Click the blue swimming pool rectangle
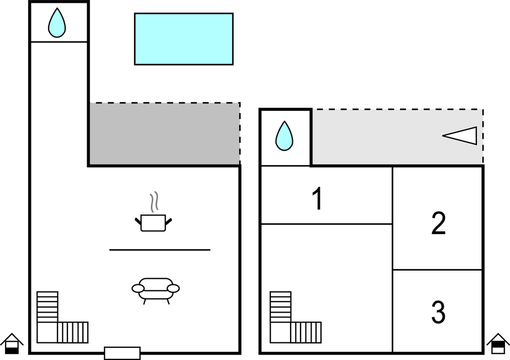click(183, 39)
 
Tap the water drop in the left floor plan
click(56, 24)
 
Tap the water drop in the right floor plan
click(284, 136)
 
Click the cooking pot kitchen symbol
click(153, 223)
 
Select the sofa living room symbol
click(156, 289)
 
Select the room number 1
click(317, 199)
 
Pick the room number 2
click(438, 224)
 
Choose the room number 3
click(438, 313)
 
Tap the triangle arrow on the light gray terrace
click(461, 136)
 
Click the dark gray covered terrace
click(164, 134)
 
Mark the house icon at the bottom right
click(498, 344)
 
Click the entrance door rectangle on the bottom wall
click(122, 353)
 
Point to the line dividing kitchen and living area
click(160, 250)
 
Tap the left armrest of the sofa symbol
click(138, 288)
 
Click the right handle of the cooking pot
click(169, 221)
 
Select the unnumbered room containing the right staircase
click(332, 276)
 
